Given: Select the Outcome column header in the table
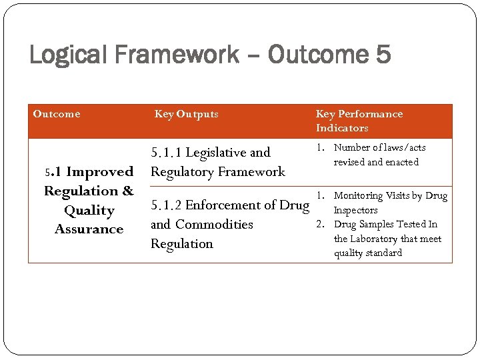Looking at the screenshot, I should (57, 114).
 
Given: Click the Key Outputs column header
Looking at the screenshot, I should (186, 114).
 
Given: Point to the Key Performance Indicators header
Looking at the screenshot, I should (359, 121).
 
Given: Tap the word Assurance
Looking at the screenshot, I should (89, 229).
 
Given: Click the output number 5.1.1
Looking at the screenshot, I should (167, 153).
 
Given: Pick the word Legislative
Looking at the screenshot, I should (217, 153).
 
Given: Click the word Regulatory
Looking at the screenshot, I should (179, 172).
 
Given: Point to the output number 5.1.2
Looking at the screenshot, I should (168, 205).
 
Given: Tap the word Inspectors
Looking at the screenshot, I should (355, 211).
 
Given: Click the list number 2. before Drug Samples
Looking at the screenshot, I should (321, 225).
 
